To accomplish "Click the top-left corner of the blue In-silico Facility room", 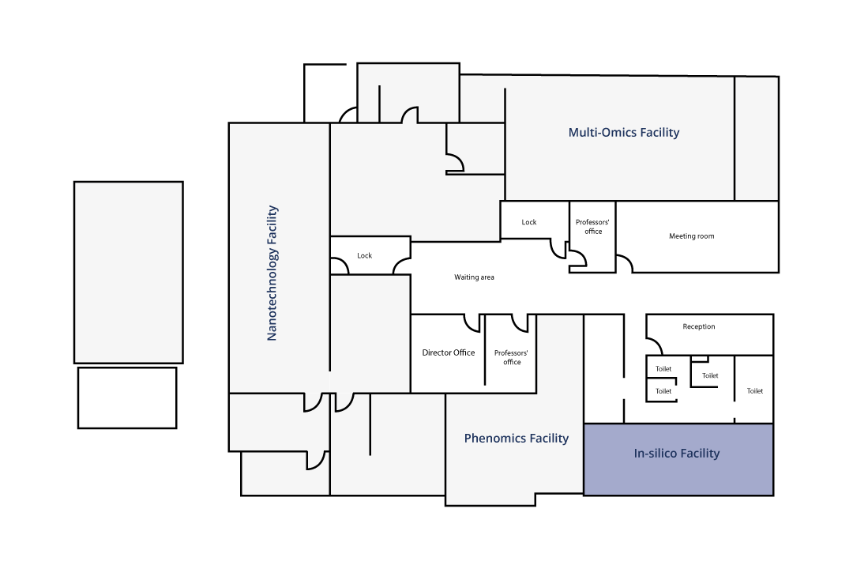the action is point(584,424).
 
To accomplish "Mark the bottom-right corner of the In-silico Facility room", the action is point(773,496).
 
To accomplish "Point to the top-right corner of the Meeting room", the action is point(779,201).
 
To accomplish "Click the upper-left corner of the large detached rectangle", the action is point(74,182).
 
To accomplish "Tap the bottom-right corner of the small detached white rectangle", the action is point(176,428).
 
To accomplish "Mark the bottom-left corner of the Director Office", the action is point(411,393).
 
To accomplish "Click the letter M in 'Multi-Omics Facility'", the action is point(573,132).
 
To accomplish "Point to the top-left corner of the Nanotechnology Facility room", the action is point(229,123).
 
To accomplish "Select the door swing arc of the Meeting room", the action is point(625,263).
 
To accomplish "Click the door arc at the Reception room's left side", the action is point(655,346).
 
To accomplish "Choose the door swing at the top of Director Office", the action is point(472,323).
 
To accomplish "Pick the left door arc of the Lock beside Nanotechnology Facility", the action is point(340,266).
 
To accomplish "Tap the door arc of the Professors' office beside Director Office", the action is point(520,323).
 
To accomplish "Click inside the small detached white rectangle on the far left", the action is point(127,398).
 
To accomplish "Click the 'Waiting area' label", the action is point(475,277).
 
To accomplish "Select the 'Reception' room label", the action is point(699,326).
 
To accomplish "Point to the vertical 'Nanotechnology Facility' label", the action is point(272,273).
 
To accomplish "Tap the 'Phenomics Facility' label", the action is point(517,439).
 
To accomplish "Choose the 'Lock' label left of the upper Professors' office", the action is point(528,222).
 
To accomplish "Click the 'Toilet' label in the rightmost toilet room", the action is point(755,391).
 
